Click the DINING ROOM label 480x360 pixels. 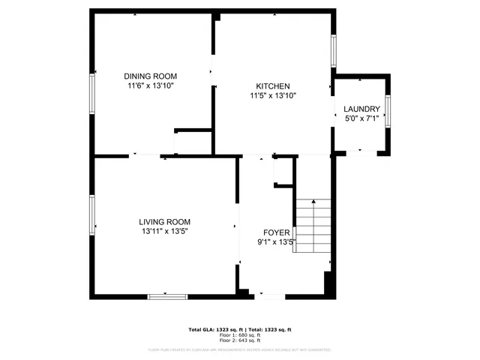pos(150,76)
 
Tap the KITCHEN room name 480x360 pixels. pos(273,86)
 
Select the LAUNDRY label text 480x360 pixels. pos(362,109)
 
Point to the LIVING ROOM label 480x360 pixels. pos(164,222)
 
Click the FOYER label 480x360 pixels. pos(276,232)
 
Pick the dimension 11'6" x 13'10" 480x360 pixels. pos(150,85)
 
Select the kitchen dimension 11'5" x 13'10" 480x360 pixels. pos(273,96)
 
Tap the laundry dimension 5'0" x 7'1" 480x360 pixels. pos(362,118)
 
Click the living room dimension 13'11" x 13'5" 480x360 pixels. pos(164,232)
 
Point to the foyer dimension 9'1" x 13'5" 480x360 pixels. pos(276,242)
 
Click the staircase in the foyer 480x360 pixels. pos(313,226)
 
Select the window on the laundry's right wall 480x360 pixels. pos(388,109)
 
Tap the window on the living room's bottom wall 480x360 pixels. pos(166,296)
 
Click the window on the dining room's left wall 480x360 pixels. pos(92,92)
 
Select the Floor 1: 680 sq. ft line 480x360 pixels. pos(239,335)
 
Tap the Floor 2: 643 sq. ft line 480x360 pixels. pos(239,340)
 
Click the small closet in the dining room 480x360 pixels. pos(193,142)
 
